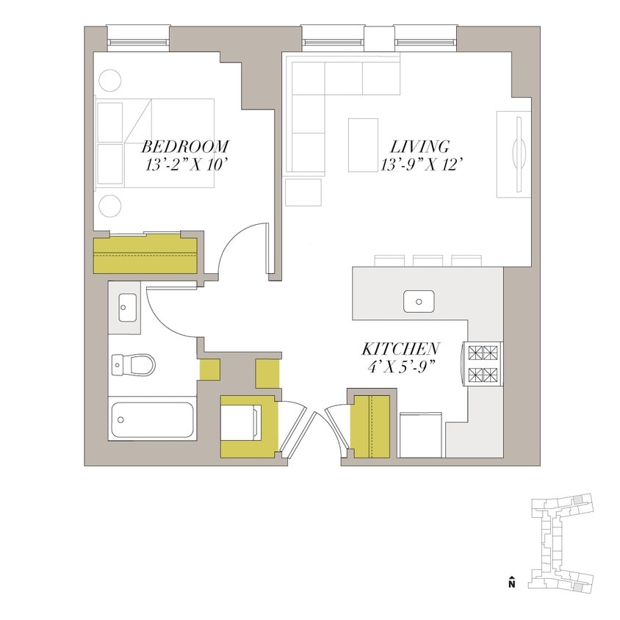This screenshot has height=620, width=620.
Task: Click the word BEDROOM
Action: coord(185,145)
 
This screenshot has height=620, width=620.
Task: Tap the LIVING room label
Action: coord(419,145)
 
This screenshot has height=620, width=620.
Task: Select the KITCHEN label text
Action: coord(401,349)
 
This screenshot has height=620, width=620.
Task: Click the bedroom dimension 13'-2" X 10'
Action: coord(187,165)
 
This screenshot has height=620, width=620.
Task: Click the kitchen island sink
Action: coord(419,301)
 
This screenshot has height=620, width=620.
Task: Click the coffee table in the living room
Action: coord(363,145)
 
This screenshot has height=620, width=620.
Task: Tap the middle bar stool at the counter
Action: coord(427,260)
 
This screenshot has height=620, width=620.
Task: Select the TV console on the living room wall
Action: coord(513,154)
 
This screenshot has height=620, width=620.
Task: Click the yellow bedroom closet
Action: coord(145,254)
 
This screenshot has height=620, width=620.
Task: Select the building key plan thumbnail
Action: coord(562,543)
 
